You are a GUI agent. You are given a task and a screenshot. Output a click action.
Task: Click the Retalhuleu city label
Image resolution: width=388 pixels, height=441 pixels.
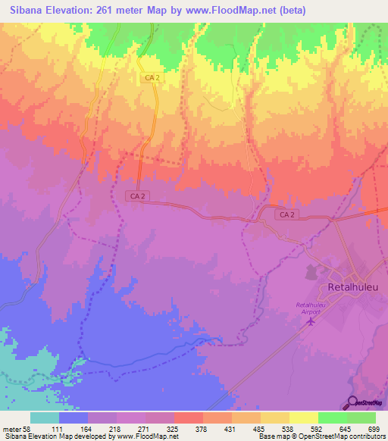[x=357, y=288]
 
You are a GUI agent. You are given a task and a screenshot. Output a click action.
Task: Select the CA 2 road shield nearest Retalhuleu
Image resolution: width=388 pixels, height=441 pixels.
[x=286, y=215]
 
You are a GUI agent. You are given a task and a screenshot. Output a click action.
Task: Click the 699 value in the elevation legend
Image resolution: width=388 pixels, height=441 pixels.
[x=374, y=429]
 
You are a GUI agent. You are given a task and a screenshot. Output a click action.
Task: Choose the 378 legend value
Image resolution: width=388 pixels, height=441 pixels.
[x=202, y=429]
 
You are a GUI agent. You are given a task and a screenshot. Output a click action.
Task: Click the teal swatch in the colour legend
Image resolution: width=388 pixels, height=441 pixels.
[x=45, y=418]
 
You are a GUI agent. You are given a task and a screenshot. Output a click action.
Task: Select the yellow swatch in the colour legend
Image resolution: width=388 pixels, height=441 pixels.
[x=304, y=418]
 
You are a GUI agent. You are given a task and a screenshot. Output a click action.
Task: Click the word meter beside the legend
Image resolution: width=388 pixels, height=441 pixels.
[x=14, y=429]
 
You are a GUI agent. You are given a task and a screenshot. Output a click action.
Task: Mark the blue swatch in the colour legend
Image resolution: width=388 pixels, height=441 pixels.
[x=74, y=418]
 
